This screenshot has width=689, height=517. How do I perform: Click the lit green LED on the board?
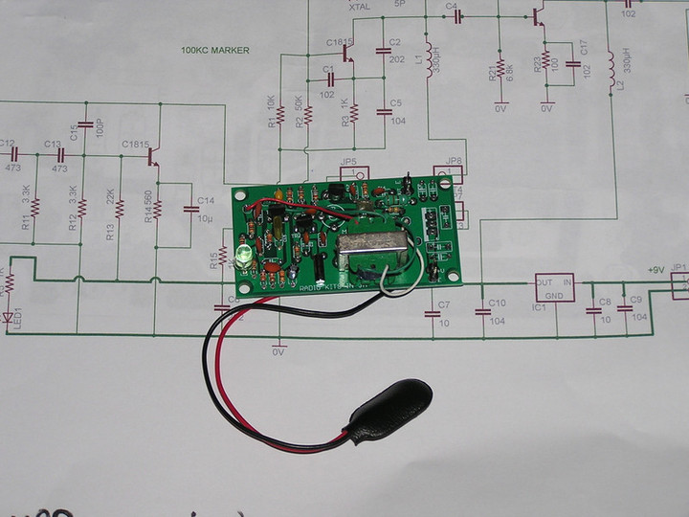tap(242, 256)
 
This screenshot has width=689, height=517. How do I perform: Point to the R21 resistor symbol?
tap(500, 65)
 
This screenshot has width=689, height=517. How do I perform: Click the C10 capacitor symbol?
tap(480, 311)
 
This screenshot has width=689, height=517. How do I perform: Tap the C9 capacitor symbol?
tap(623, 309)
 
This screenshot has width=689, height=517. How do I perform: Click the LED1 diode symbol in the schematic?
tap(10, 315)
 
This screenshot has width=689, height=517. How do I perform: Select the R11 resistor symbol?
tap(35, 207)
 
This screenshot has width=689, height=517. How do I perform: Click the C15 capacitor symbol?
tap(84, 125)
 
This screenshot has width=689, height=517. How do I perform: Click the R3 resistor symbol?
tap(353, 113)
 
